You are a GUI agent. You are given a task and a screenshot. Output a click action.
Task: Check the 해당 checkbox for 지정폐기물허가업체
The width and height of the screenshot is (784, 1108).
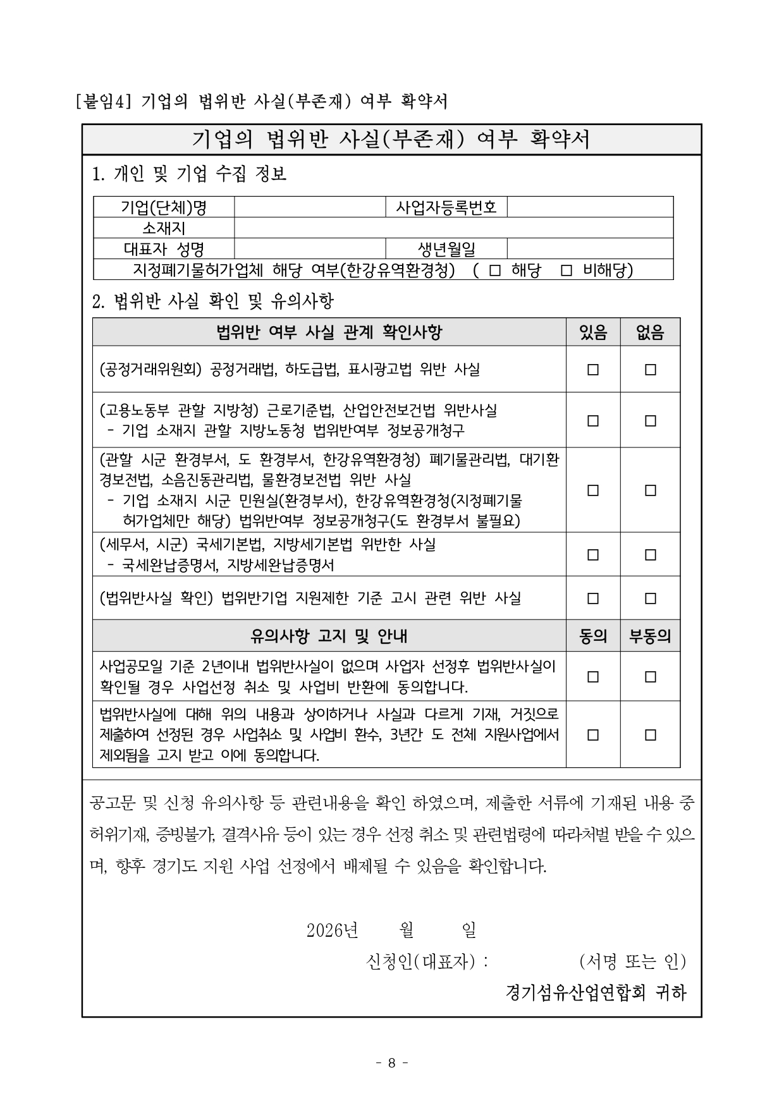(x=495, y=271)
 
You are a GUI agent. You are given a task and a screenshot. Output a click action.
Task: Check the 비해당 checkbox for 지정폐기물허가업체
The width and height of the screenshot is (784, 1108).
(x=567, y=271)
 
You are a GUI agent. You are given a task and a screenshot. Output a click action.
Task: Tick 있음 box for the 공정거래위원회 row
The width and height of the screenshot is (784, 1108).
(x=592, y=370)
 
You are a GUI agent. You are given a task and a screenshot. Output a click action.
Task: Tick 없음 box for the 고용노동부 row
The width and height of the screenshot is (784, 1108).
(x=650, y=421)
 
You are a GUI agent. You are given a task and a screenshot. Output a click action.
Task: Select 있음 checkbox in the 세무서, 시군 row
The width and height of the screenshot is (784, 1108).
(x=592, y=555)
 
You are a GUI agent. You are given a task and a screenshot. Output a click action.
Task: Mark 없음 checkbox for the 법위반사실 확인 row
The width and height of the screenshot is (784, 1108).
(x=650, y=598)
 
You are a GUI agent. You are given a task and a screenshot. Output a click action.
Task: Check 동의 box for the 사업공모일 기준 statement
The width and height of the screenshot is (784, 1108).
(x=592, y=677)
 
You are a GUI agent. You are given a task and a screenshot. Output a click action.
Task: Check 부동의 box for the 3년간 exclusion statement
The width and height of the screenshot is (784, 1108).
(x=650, y=735)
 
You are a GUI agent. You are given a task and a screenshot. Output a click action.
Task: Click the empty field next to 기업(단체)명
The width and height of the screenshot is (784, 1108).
(x=310, y=207)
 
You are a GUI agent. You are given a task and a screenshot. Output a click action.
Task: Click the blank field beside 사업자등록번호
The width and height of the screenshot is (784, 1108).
(x=590, y=207)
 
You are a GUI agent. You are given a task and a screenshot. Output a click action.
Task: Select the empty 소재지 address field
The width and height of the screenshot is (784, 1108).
(x=453, y=228)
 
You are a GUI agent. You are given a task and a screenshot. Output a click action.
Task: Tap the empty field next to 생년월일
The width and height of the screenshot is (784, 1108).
(x=590, y=248)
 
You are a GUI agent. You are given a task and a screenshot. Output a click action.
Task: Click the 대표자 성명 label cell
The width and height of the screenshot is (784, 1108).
(x=164, y=248)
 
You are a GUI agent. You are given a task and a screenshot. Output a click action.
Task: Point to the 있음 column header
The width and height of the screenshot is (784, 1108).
(x=592, y=332)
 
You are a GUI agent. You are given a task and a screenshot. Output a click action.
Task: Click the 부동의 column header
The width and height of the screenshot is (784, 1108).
(x=650, y=636)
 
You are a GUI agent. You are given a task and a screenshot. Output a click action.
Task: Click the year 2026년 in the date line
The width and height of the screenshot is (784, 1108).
(x=333, y=930)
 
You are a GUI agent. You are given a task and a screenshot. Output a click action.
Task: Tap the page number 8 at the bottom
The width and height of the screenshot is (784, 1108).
(x=391, y=1063)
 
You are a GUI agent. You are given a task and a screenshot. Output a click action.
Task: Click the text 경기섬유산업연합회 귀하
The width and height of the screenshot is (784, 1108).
(x=596, y=992)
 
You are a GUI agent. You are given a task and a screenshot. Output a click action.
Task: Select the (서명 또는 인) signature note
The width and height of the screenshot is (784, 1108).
(x=632, y=961)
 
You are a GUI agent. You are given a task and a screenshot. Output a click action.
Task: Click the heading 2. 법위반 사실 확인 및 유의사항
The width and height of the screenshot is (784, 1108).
(x=213, y=301)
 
